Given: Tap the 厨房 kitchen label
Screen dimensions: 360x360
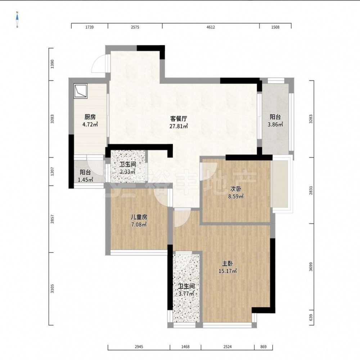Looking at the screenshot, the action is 90,117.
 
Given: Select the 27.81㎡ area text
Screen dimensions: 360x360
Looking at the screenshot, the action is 179,126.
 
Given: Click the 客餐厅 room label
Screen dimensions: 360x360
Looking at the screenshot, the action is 179,119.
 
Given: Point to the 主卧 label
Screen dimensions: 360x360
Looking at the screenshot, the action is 228,264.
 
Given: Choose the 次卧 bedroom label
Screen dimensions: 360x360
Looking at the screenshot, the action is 236,189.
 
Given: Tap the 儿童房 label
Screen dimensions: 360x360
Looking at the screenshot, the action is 139,217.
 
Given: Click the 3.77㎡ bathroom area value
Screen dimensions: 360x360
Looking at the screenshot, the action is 186,294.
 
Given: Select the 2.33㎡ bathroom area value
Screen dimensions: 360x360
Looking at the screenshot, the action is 127,172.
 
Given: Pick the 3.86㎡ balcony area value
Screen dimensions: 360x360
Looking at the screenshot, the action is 275,124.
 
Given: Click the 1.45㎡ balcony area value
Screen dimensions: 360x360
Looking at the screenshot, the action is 85,179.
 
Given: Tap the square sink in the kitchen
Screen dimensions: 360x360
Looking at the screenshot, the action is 81,91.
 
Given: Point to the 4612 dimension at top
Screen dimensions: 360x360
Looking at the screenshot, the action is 211,27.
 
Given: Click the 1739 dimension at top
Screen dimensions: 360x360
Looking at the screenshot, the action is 89,27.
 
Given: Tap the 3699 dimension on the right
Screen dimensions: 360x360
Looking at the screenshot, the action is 311,266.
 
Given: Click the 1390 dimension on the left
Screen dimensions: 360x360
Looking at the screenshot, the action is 52,64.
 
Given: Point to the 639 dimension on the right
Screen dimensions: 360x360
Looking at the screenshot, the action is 311,318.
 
